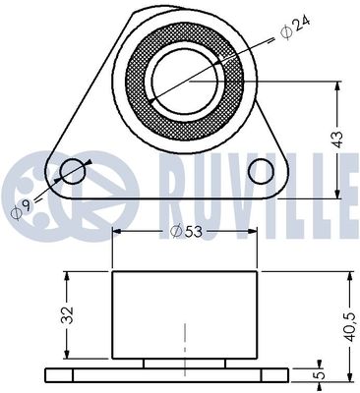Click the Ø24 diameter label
tap(294, 29)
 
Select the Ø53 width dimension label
tap(186, 231)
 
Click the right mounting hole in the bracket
tap(260, 172)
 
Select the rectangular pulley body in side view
tap(185, 314)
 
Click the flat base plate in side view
tap(167, 375)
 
